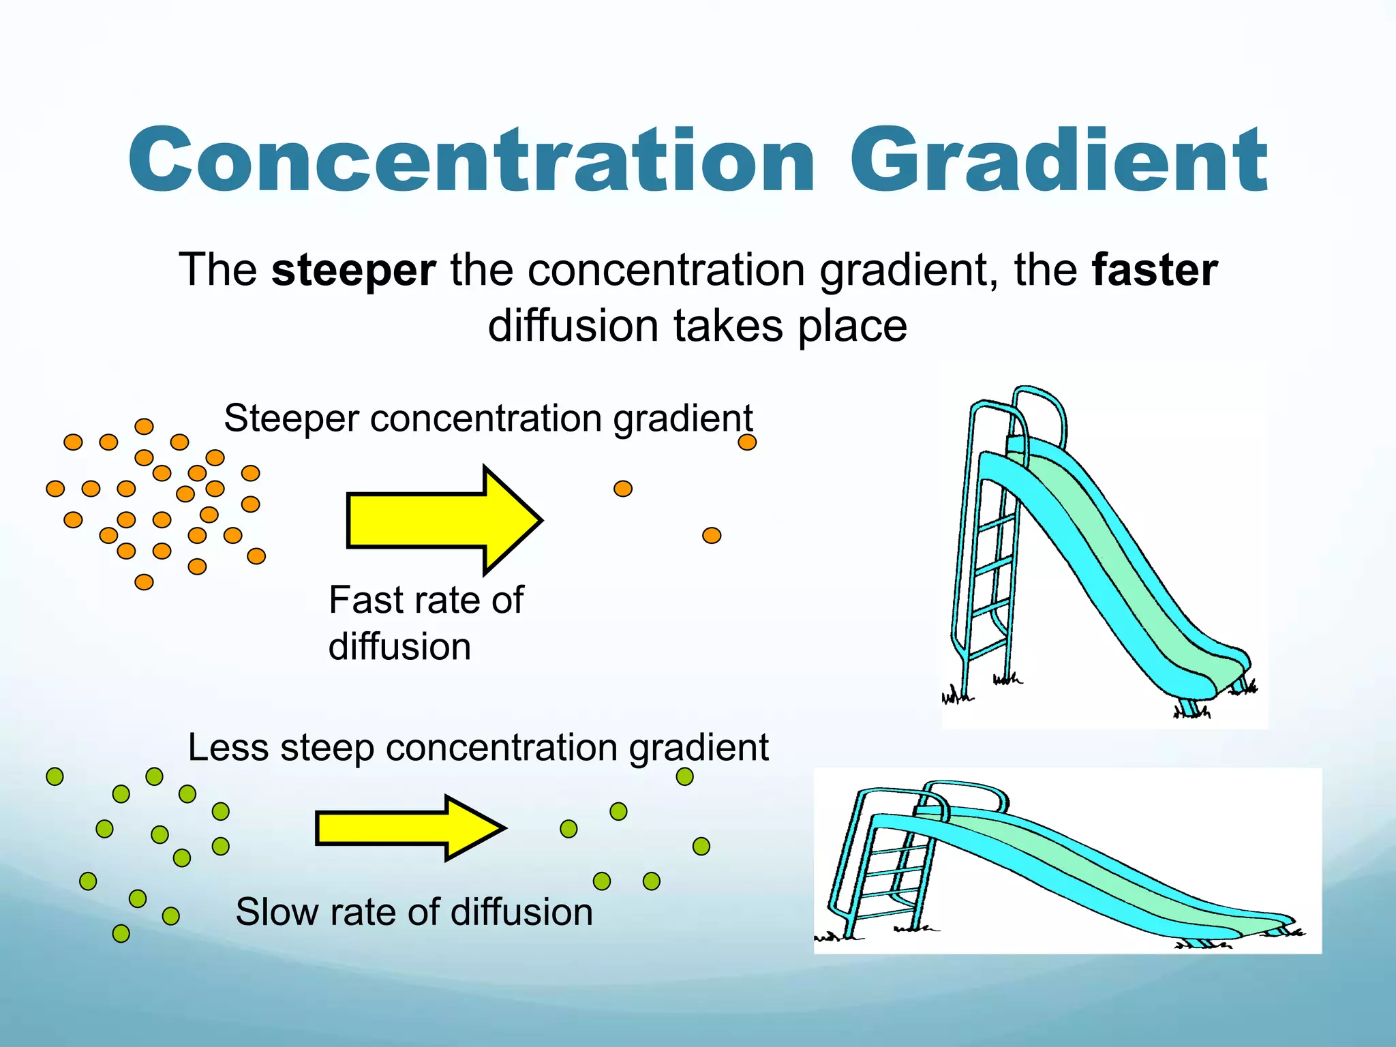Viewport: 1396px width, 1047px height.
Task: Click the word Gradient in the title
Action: pyautogui.click(x=1058, y=162)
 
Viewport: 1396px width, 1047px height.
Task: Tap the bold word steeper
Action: pyautogui.click(x=353, y=271)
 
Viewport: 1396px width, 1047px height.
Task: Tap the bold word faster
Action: pyautogui.click(x=1154, y=271)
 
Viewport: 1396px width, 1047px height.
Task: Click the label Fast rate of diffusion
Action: pyautogui.click(x=425, y=622)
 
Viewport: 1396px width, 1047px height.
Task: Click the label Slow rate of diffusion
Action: pyautogui.click(x=414, y=911)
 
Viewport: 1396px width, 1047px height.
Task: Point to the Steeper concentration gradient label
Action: pyautogui.click(x=488, y=418)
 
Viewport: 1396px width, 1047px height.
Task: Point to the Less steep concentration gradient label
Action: pyautogui.click(x=478, y=747)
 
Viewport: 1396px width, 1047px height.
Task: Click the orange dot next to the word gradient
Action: pyautogui.click(x=747, y=442)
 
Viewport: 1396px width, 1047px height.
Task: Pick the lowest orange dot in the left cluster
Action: pyautogui.click(x=144, y=581)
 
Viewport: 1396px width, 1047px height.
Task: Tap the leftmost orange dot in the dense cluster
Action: pyautogui.click(x=55, y=489)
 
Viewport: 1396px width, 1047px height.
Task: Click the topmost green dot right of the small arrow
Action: pyautogui.click(x=684, y=776)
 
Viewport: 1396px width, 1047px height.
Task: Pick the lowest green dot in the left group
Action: pyautogui.click(x=121, y=933)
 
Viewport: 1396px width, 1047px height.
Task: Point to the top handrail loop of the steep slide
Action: pyautogui.click(x=1039, y=402)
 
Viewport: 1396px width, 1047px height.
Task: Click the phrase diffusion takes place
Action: pyautogui.click(x=697, y=327)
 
